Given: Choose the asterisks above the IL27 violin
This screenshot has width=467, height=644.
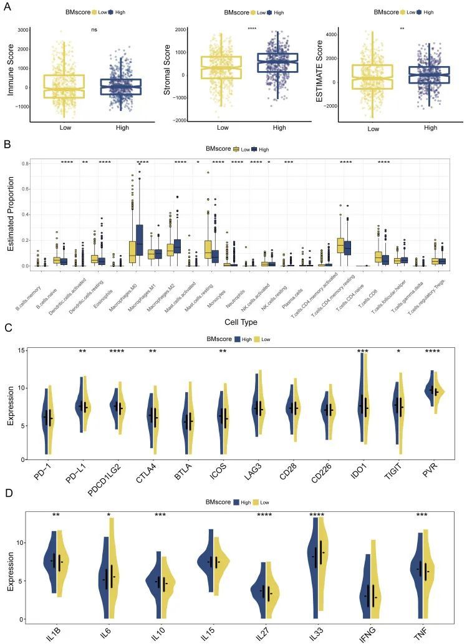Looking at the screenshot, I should (267, 515).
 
